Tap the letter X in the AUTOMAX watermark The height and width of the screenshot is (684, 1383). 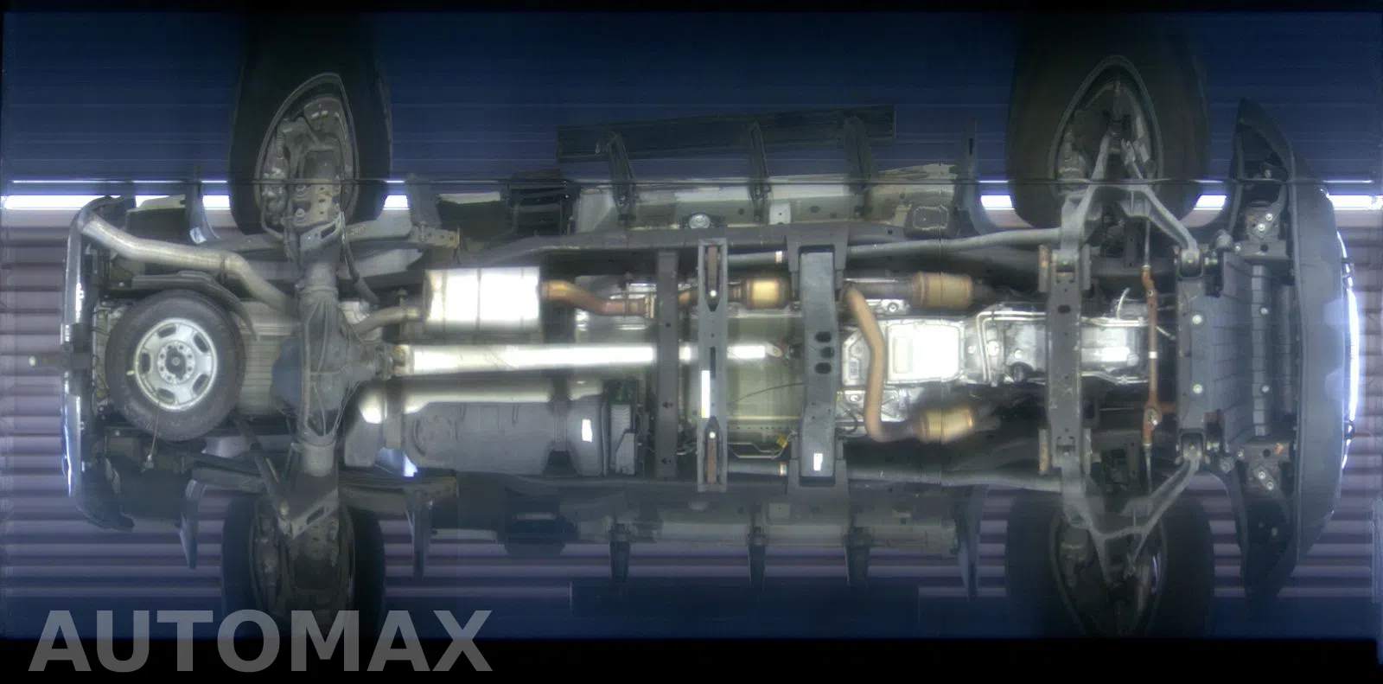[455, 641]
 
